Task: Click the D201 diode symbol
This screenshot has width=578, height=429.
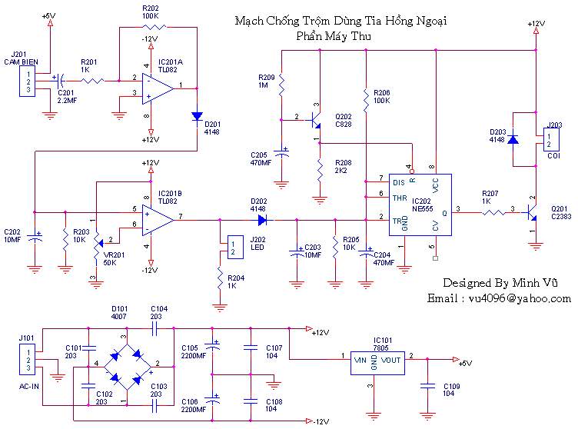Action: (x=198, y=116)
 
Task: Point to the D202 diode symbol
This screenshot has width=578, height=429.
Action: (x=263, y=220)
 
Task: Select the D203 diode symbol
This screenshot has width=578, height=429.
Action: (x=513, y=139)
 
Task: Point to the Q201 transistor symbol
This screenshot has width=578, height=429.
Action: (x=532, y=213)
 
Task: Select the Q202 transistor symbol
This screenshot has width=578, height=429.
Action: (x=315, y=120)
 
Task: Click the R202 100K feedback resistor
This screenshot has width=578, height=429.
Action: (x=154, y=27)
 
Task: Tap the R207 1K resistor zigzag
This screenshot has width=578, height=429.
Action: (x=494, y=212)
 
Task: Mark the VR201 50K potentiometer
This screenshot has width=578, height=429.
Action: (x=97, y=244)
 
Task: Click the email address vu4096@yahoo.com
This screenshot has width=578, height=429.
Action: (x=520, y=298)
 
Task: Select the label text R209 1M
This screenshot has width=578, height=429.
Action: (x=266, y=81)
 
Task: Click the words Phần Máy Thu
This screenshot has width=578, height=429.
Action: (x=334, y=36)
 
